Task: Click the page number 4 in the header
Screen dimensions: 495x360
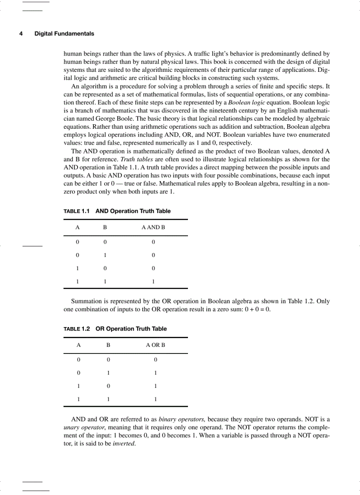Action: point(21,34)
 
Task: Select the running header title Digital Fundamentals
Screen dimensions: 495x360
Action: point(64,34)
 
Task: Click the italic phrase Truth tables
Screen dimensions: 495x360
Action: point(134,159)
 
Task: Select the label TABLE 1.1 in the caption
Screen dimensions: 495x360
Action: point(77,211)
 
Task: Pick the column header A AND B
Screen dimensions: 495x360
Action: point(153,228)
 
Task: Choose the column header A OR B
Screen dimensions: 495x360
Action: point(155,345)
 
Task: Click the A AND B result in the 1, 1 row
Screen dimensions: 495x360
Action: point(153,281)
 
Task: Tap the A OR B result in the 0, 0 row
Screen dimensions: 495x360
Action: point(155,360)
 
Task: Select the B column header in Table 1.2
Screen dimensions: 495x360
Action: point(108,345)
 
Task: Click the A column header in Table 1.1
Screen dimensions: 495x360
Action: point(77,228)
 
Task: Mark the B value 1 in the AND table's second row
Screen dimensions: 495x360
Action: point(105,255)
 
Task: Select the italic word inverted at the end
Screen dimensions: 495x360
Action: point(124,444)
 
